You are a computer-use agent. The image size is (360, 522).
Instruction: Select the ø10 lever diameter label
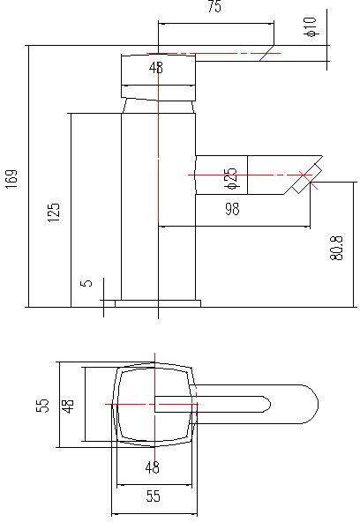(310, 28)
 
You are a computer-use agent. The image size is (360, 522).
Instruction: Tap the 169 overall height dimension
(11, 179)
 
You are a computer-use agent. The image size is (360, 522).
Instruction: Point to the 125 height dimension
(54, 213)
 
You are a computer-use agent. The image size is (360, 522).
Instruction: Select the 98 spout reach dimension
(233, 208)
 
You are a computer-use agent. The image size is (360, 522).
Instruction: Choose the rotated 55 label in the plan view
(41, 405)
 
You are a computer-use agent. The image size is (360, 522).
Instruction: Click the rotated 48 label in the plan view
(68, 405)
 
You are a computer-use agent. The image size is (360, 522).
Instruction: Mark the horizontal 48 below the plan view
(153, 467)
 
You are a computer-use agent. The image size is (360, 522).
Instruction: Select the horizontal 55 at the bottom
(153, 497)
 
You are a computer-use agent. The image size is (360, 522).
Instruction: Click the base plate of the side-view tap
(157, 303)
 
